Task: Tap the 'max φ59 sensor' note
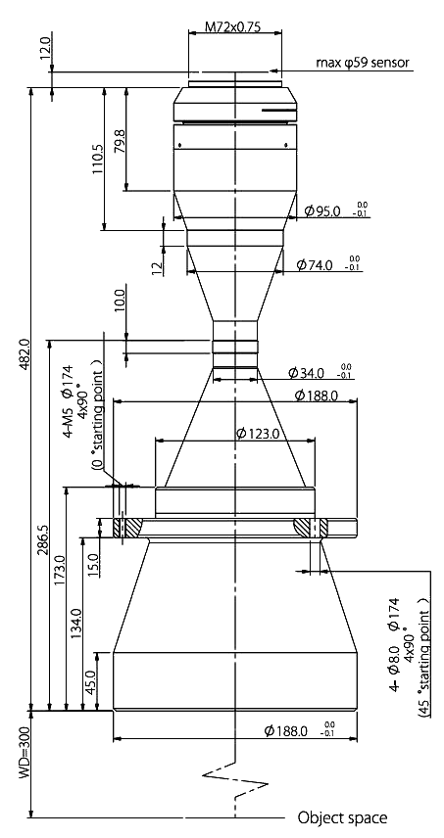pyautogui.click(x=363, y=63)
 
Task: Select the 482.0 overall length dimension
pyautogui.click(x=25, y=352)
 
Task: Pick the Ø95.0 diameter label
pyautogui.click(x=322, y=211)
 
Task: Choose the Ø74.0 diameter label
pyautogui.click(x=315, y=264)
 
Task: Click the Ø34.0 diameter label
pyautogui.click(x=307, y=373)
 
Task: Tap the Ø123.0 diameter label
pyautogui.click(x=258, y=434)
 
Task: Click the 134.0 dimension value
pyautogui.click(x=76, y=624)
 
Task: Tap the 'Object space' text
pyautogui.click(x=342, y=817)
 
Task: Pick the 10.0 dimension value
pyautogui.click(x=120, y=301)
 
